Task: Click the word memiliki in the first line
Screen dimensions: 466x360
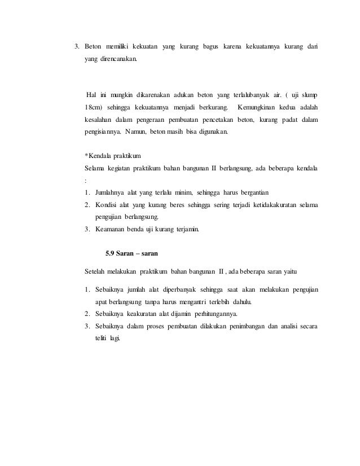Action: point(120,45)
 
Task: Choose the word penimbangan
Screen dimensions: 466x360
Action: point(244,326)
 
